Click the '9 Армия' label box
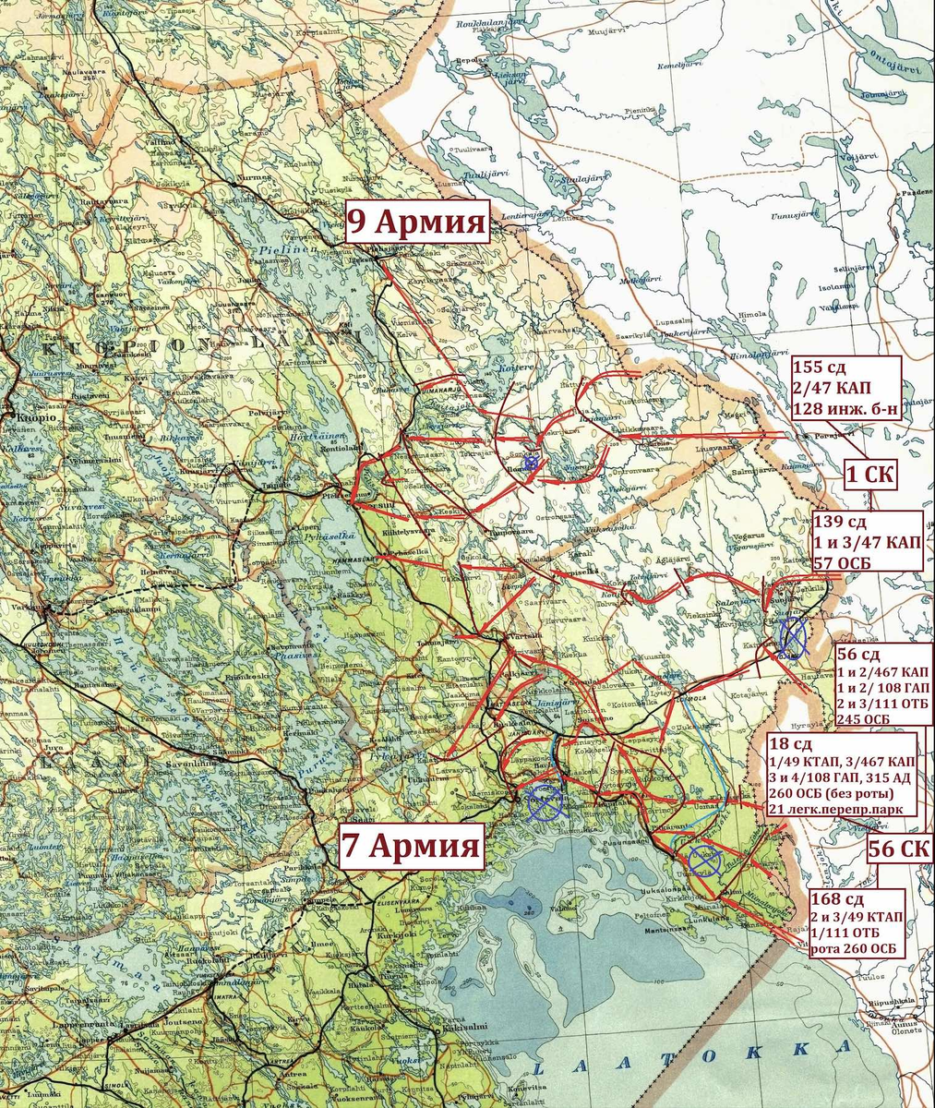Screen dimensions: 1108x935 [416, 223]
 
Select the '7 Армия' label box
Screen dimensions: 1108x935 [411, 845]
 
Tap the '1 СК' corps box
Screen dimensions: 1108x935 [869, 475]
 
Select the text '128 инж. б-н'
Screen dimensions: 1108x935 [845, 408]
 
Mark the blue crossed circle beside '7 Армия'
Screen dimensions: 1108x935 [545, 801]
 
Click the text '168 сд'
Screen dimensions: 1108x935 [837, 900]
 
